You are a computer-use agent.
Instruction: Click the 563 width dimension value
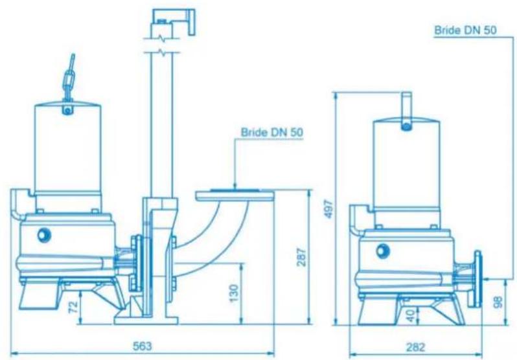[142, 346]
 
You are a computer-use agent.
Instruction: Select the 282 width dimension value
[415, 347]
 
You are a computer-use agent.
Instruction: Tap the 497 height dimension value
[328, 208]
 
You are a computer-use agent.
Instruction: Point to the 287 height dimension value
[301, 257]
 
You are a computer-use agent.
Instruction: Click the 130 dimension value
[233, 293]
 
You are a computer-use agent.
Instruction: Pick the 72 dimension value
[75, 307]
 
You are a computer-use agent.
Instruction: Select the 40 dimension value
[409, 315]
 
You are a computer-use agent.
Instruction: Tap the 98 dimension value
[498, 302]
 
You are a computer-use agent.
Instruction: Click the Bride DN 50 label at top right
[465, 30]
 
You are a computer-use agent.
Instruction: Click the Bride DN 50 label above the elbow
[271, 132]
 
